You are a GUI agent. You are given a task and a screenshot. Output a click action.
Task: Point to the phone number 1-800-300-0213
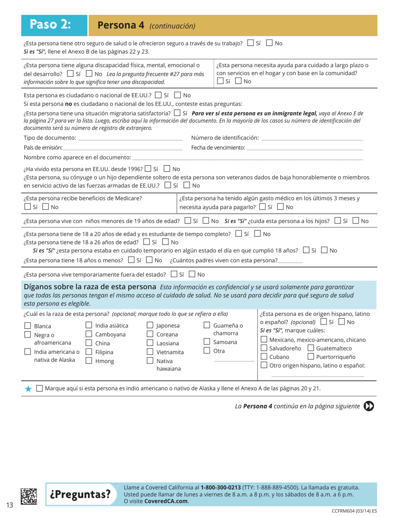pyautogui.click(x=220, y=487)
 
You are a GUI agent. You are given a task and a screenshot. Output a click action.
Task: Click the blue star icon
pyautogui.click(x=28, y=388)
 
